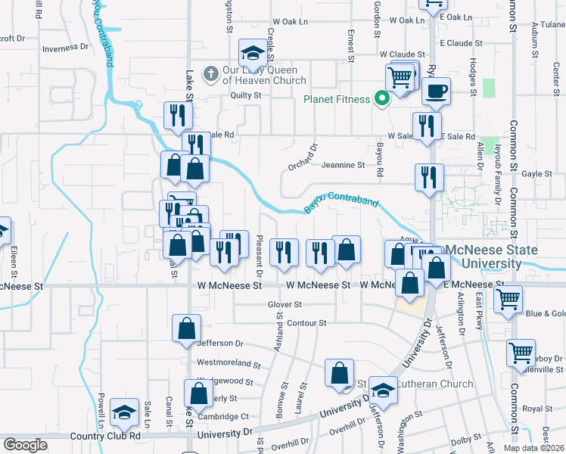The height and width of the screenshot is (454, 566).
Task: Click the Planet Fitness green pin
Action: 383,98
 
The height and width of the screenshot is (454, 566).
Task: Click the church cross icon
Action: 211,74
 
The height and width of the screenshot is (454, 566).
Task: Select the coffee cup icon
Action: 436,92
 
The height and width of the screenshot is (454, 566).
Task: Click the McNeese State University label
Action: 491,257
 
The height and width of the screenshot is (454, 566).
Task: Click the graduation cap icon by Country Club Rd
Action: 124,412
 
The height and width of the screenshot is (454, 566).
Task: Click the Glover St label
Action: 284,304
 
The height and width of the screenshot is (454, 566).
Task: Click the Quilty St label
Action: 245,95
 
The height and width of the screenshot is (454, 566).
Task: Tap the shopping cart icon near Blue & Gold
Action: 508,299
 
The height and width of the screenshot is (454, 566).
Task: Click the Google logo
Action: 24,445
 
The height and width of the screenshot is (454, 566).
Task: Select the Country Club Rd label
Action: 104,436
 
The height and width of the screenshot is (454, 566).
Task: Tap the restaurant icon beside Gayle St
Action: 429,177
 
